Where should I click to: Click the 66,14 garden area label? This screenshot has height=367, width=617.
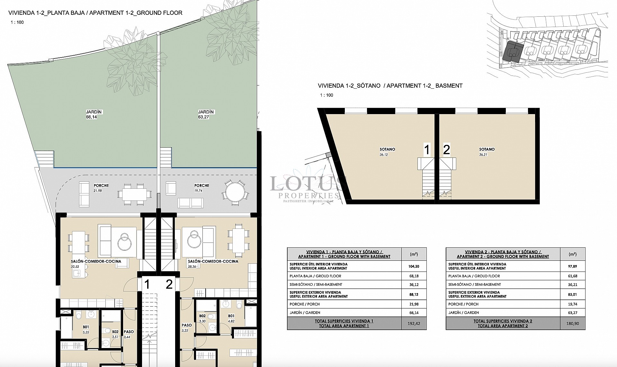(91, 117)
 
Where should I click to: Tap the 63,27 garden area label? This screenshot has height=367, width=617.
(203, 117)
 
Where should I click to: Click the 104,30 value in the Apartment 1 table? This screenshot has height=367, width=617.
(414, 266)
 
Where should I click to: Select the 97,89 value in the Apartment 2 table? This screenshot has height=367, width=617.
(573, 266)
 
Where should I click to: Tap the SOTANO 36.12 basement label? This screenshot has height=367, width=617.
(387, 152)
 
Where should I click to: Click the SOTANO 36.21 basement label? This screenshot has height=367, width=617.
(487, 152)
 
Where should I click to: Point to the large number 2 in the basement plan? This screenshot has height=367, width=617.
(446, 150)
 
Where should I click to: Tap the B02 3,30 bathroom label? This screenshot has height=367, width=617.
(202, 318)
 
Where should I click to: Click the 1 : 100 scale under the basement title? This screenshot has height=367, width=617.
(326, 95)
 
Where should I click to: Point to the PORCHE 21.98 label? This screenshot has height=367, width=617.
(101, 188)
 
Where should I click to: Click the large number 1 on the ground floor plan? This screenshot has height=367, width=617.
(147, 284)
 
